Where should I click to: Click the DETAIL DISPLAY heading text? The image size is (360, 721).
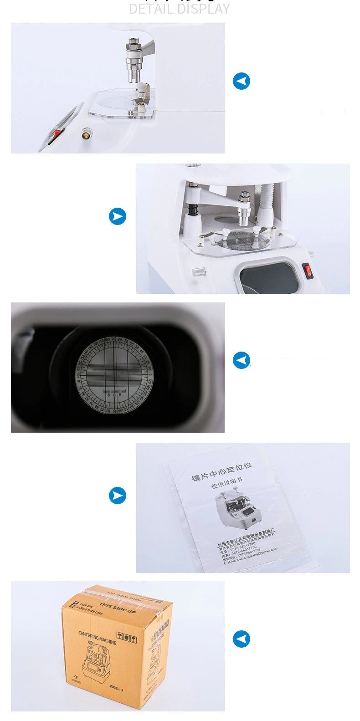(179, 9)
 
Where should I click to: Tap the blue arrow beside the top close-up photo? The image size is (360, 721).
(241, 81)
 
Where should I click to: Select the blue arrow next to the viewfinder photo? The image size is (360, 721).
(241, 360)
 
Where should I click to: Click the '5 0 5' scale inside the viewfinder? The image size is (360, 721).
(114, 394)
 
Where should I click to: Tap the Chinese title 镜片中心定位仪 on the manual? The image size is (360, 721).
(221, 472)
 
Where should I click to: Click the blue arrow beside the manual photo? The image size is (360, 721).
(118, 495)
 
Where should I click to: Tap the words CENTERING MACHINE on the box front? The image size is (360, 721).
(97, 638)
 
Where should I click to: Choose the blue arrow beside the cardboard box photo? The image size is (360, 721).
(241, 639)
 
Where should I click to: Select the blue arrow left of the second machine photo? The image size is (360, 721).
(118, 216)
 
